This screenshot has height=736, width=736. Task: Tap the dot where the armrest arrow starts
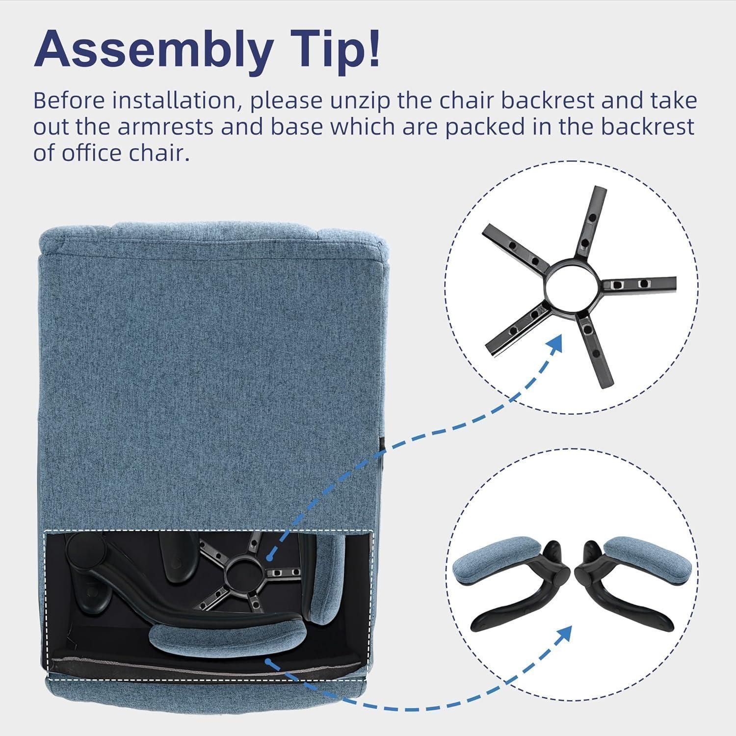tap(268, 662)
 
